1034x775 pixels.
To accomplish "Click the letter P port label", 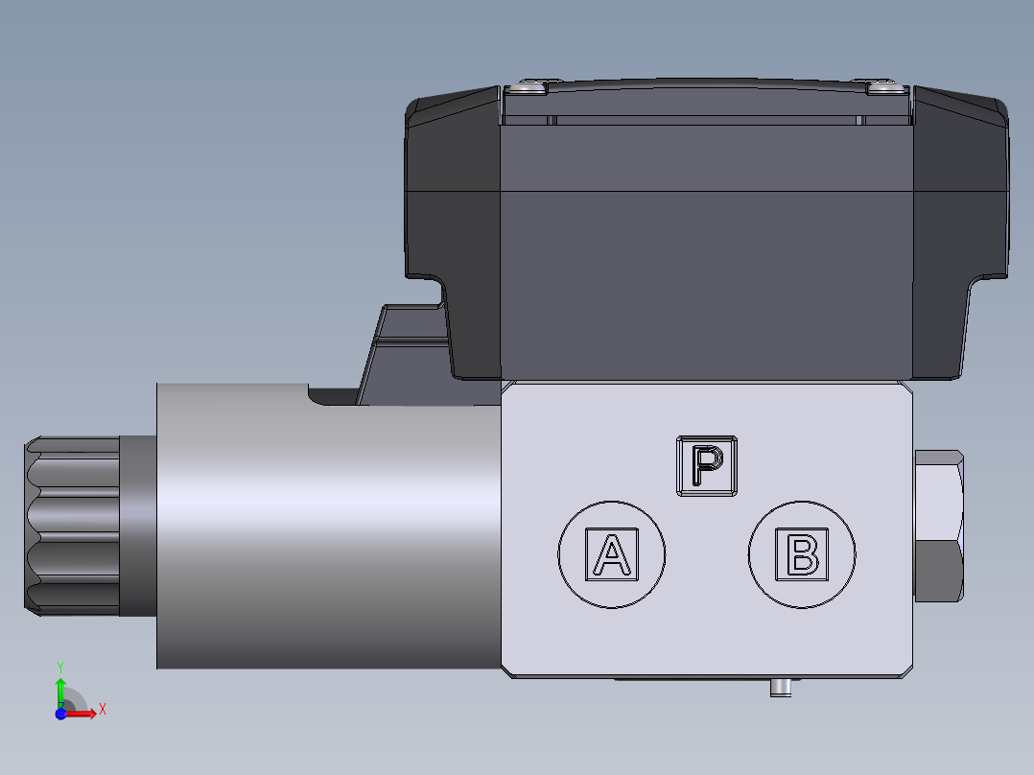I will pos(707,466).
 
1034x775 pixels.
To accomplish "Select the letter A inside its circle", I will pos(612,553).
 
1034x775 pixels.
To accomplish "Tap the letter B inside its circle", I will pos(801,553).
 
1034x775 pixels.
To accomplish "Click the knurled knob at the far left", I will pos(72,525).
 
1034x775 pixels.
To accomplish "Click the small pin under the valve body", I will pos(781,688).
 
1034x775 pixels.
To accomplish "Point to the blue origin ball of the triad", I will pos(60,713).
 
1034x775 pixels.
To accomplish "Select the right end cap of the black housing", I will pos(959,230).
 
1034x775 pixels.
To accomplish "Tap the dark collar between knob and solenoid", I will pos(137,525).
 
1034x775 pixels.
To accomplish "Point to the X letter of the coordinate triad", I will pos(102,710).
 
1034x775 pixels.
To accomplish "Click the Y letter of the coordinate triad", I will pos(60,666).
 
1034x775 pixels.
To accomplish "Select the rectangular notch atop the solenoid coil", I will pos(331,393).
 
